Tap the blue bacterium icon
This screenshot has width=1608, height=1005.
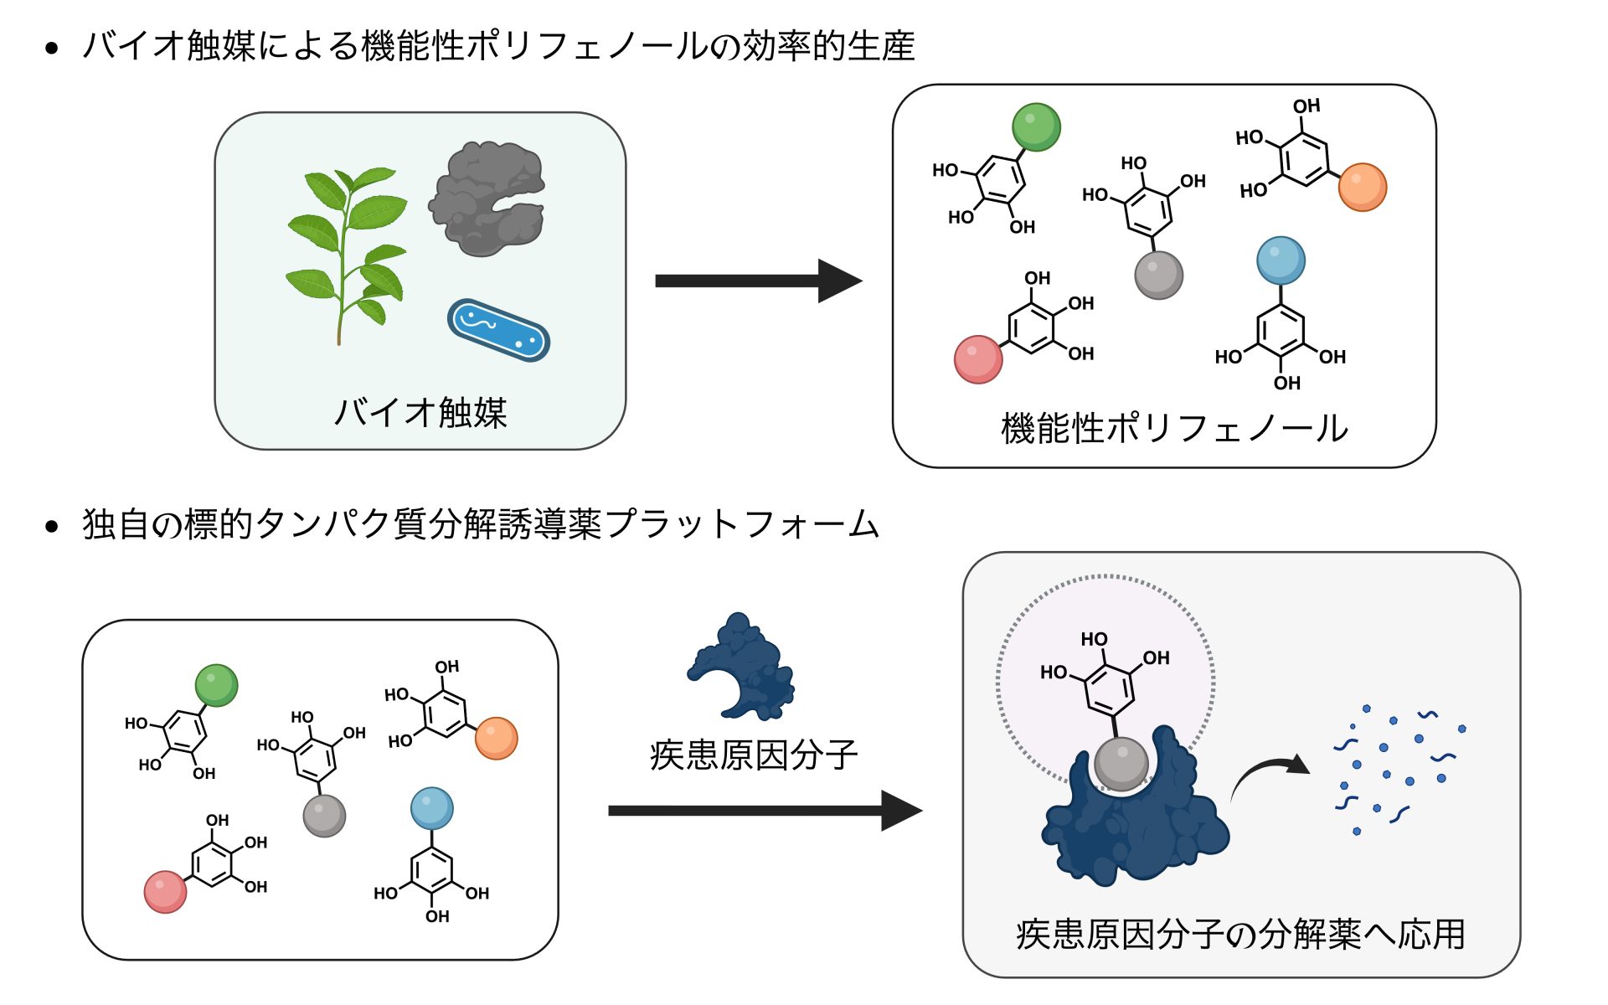pos(498,330)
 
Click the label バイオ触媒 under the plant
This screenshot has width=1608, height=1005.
pos(420,413)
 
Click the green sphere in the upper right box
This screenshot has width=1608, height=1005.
pos(1036,127)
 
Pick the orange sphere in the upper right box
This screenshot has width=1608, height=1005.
pos(1362,187)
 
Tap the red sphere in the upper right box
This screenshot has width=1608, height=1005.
pos(978,359)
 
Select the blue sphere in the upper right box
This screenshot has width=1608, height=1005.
pos(1281,260)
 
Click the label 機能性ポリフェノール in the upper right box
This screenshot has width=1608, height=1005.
pos(1174,428)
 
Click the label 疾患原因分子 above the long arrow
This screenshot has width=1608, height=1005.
pos(754,755)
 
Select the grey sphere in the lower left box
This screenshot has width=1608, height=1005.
pos(324,816)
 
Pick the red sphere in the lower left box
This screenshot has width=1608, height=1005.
pos(165,891)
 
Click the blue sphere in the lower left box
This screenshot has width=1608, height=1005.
pos(431,808)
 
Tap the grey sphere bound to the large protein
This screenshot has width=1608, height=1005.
pos(1121,763)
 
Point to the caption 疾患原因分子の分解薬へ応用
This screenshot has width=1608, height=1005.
pos(1240,935)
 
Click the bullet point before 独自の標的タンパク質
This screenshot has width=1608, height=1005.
pos(52,527)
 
